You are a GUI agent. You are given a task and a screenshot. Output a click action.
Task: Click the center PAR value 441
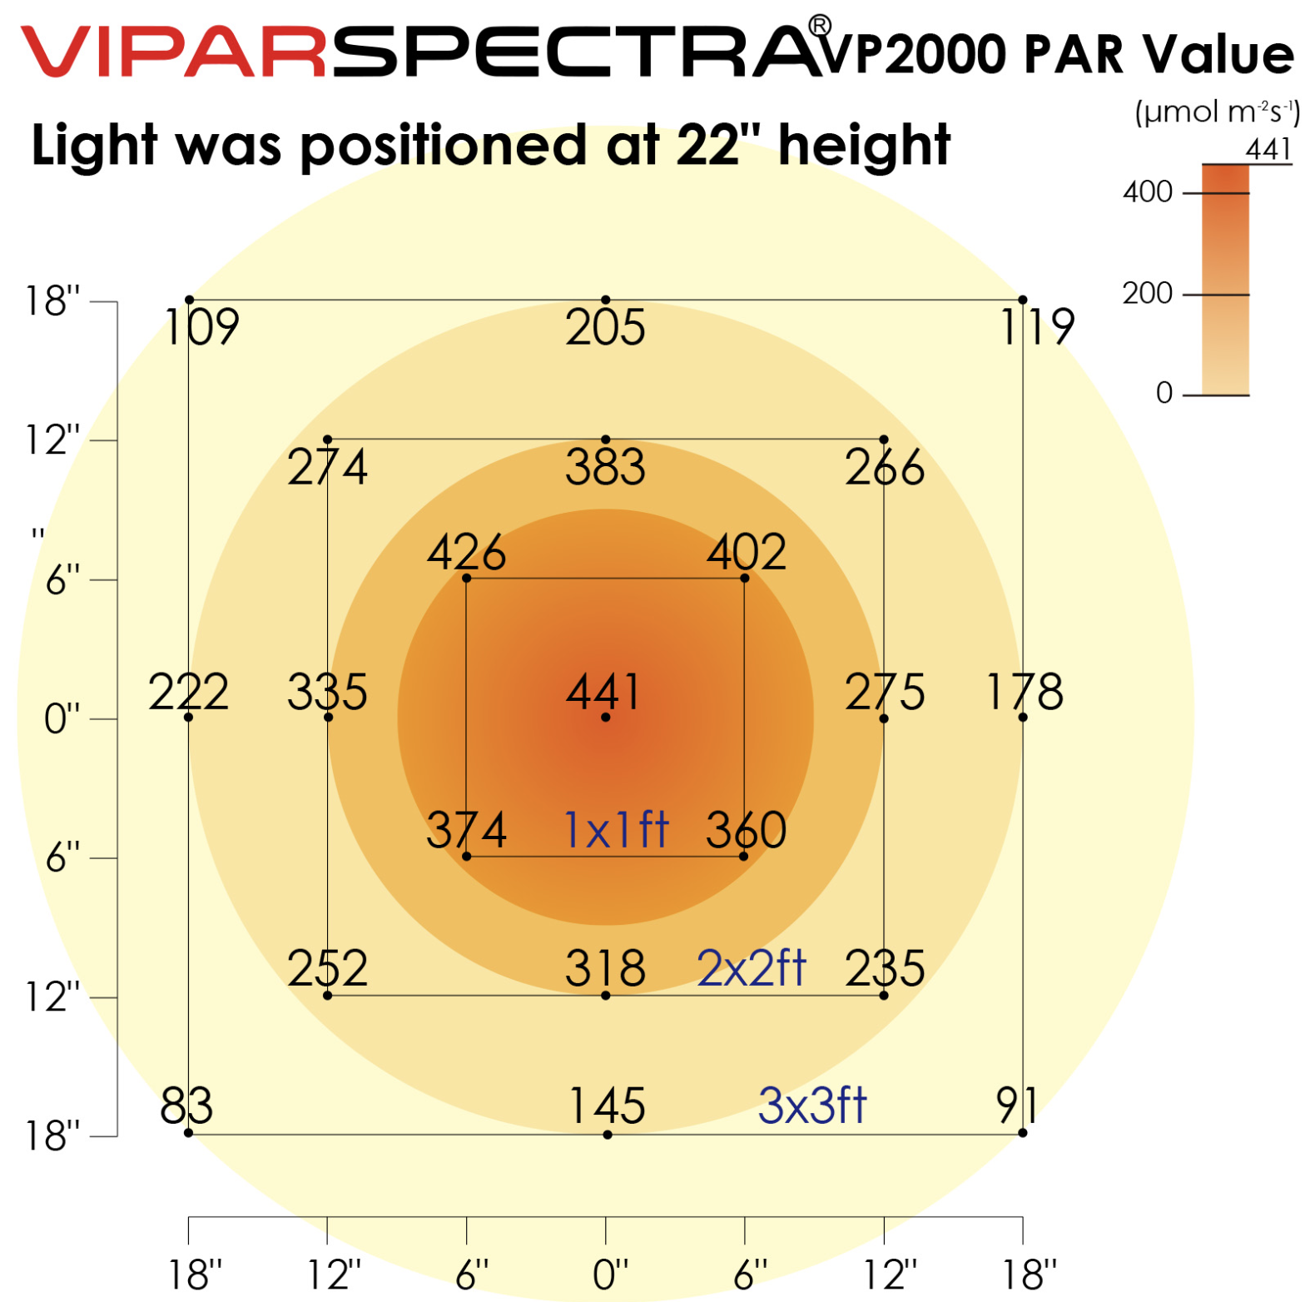tap(603, 691)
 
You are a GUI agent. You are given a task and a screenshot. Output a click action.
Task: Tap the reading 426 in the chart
tap(466, 551)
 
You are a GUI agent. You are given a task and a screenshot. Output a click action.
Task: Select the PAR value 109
tap(202, 326)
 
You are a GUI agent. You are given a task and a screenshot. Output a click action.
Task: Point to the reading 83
tap(186, 1106)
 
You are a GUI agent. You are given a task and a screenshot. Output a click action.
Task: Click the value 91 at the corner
tap(1016, 1106)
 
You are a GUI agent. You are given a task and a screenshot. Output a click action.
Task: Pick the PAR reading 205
tap(605, 327)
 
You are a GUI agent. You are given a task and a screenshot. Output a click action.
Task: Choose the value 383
tap(605, 467)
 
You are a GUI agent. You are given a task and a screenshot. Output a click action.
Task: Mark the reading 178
tap(1025, 691)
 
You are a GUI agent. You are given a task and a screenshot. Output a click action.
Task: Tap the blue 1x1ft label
tap(616, 829)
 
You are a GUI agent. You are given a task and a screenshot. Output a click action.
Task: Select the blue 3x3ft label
tap(812, 1106)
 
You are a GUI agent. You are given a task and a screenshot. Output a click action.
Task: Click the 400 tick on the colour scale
tap(1148, 192)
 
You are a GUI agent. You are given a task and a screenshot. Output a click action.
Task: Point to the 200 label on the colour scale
tap(1148, 293)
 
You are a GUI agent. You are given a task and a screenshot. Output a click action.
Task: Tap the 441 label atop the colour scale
tap(1268, 150)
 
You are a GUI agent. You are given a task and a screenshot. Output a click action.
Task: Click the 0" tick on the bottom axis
tap(610, 1274)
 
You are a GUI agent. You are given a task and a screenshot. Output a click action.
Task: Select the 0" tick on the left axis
tap(62, 718)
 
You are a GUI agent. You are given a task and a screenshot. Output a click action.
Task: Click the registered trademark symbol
tap(819, 26)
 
